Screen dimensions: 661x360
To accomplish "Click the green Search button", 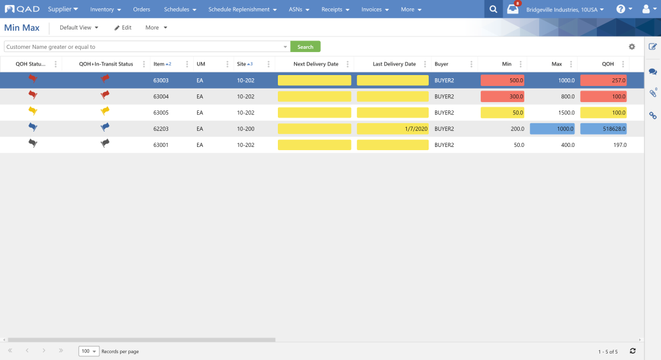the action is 305,47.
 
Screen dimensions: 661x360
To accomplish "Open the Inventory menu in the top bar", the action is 105,9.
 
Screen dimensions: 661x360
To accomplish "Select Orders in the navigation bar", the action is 142,9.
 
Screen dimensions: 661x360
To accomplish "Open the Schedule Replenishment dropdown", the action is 243,9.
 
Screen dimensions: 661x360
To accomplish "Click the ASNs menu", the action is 299,9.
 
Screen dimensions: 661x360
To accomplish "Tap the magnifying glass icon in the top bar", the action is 494,9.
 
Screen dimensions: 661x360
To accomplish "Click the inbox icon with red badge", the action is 513,9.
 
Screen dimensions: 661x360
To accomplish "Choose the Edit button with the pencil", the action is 123,28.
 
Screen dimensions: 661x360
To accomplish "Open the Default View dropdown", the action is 79,28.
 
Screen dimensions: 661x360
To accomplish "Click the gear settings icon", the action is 632,47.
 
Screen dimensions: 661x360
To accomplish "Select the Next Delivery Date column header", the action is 316,64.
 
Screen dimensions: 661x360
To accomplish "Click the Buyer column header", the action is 442,64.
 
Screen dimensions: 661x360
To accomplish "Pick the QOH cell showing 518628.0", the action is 603,128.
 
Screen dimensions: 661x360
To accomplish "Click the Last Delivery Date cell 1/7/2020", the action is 393,128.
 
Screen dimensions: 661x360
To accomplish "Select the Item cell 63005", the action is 161,112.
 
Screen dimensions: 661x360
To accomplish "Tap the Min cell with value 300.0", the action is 502,96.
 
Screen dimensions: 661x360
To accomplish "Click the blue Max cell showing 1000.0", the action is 553,128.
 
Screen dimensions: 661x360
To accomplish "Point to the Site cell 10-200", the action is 245,128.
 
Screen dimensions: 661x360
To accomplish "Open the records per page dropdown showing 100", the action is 89,351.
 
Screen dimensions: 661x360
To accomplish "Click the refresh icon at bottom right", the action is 632,351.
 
